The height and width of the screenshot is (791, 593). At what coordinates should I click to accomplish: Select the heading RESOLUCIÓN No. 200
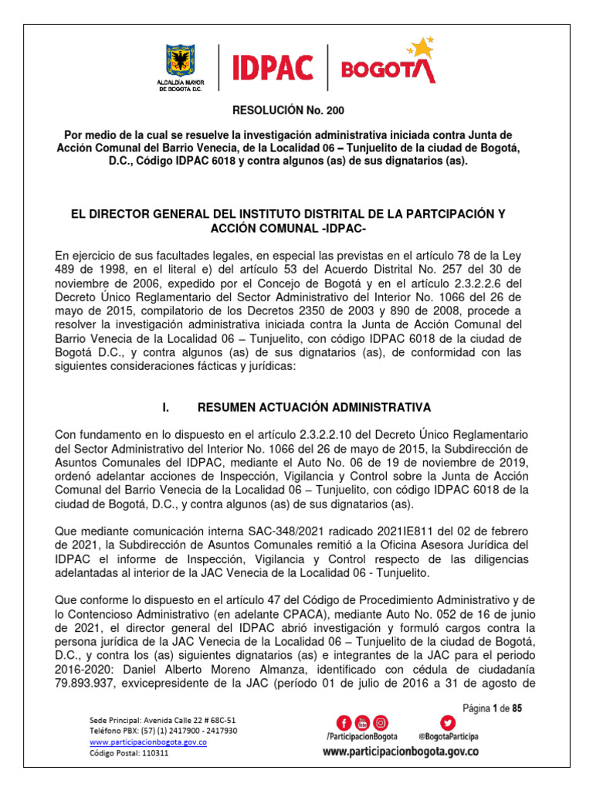[296, 112]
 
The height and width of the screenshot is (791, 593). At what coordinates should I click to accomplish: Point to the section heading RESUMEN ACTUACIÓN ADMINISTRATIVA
[314, 407]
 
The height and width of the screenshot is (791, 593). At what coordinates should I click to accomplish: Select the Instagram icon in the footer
[380, 723]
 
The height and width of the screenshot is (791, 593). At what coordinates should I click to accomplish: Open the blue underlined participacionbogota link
[148, 742]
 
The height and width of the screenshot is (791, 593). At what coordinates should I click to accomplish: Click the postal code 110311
[151, 753]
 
